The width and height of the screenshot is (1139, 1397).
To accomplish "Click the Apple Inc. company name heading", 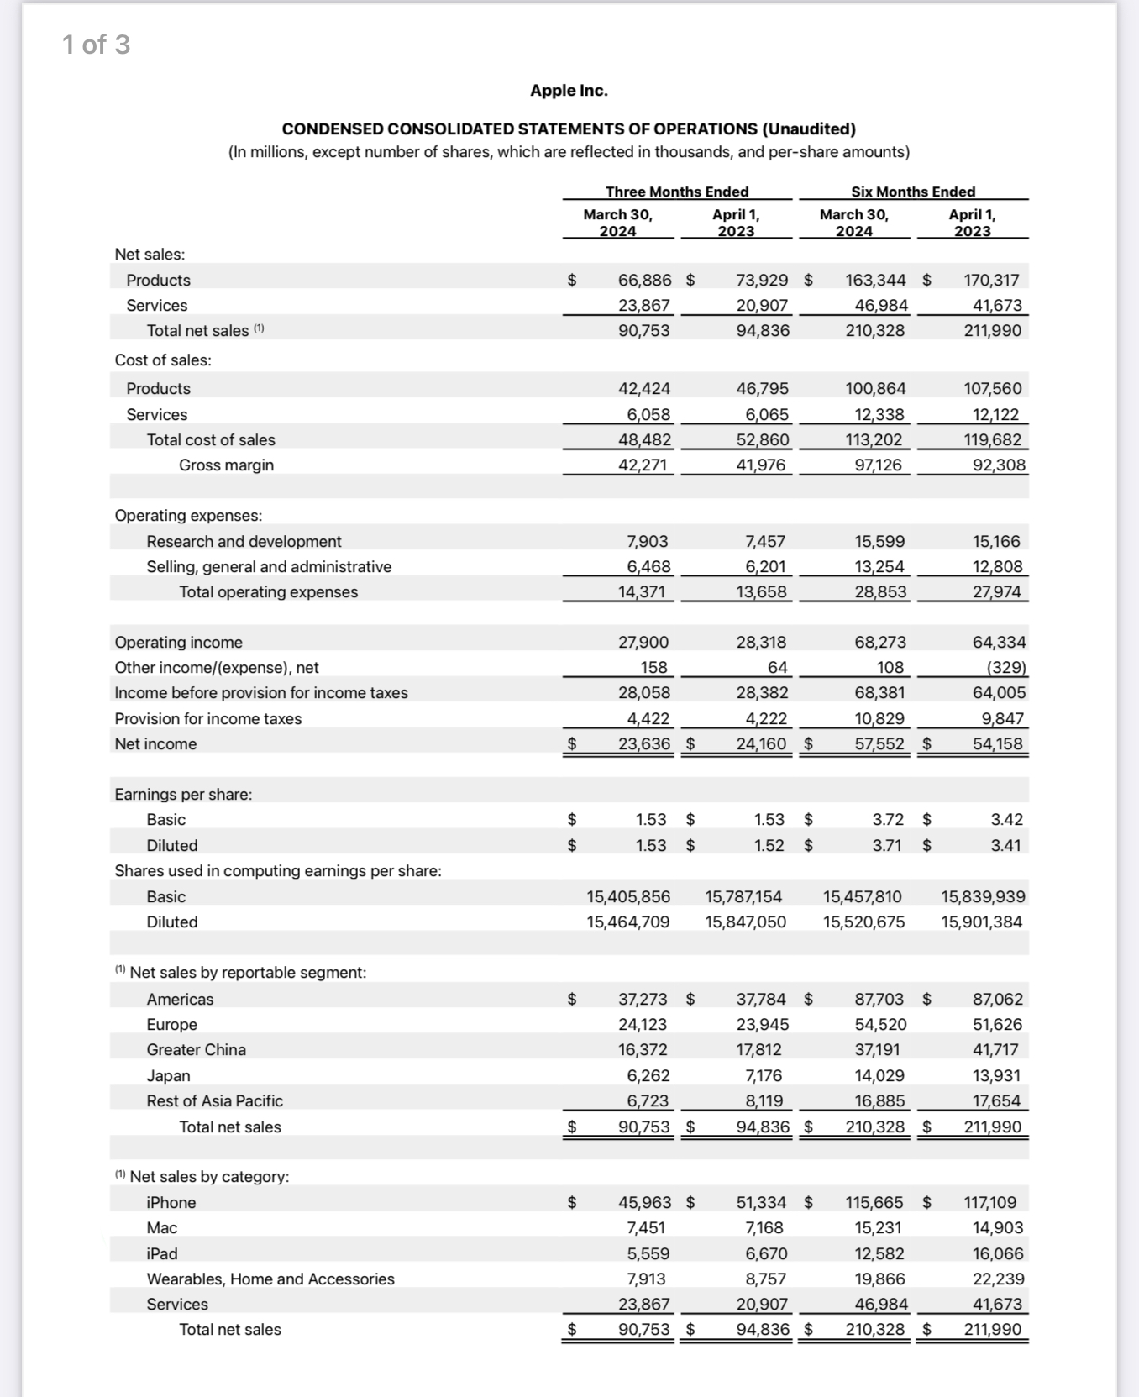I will click(x=569, y=91).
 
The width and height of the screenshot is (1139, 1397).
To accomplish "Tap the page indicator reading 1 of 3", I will click(x=96, y=45).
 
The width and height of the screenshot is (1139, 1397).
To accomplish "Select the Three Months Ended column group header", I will click(x=677, y=192).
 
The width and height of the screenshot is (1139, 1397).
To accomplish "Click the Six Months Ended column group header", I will click(x=913, y=192).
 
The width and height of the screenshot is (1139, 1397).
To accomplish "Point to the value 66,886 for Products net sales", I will click(x=644, y=280).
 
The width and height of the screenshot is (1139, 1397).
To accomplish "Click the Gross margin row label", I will click(x=226, y=465).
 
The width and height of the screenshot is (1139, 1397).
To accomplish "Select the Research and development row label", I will click(x=244, y=541).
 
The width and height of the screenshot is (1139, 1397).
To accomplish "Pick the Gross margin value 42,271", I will click(x=644, y=465).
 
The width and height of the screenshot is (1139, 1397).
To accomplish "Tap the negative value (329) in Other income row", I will click(x=1005, y=667).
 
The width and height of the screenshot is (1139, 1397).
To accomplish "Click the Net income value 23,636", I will click(x=644, y=743).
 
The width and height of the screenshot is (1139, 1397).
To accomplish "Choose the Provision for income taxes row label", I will click(x=207, y=718).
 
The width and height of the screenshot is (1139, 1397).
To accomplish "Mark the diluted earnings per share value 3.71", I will click(x=888, y=845).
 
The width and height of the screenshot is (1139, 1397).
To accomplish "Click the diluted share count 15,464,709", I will click(x=627, y=922).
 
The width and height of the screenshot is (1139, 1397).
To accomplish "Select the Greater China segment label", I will click(x=196, y=1049).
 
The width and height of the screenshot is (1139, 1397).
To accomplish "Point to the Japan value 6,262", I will click(x=648, y=1075).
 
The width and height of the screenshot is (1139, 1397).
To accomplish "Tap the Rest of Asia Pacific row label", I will click(x=214, y=1100).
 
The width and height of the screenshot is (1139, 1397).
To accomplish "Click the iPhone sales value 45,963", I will click(x=644, y=1202).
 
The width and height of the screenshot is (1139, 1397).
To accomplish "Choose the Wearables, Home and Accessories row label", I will click(x=270, y=1279).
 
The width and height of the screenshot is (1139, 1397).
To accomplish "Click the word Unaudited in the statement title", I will click(x=809, y=129).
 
